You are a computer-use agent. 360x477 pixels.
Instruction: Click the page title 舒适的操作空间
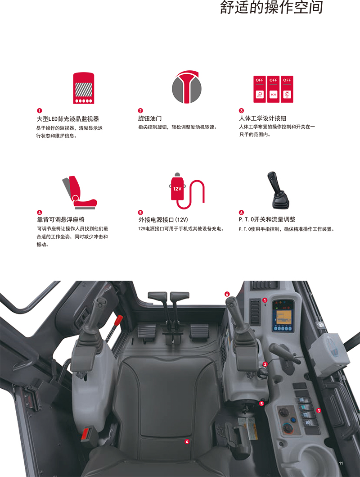tap(271, 8)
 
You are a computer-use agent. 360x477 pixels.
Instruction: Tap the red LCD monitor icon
tap(84, 88)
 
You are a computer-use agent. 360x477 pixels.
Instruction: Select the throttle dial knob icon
tap(187, 87)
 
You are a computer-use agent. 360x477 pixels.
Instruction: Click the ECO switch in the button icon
tap(273, 89)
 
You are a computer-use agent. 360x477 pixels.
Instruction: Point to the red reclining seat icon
tap(80, 192)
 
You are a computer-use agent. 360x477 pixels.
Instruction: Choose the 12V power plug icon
tap(187, 191)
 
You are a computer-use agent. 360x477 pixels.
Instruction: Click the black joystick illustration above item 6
tap(278, 190)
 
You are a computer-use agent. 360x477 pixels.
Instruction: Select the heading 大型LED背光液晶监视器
tap(68, 119)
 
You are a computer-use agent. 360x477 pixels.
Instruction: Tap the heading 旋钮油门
tap(150, 118)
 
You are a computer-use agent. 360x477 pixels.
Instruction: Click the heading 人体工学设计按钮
tap(262, 118)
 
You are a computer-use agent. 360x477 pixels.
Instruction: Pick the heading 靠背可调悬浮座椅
tap(61, 220)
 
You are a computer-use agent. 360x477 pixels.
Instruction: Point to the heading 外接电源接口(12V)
tap(163, 220)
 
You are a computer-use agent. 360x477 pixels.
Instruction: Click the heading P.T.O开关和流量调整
tap(267, 219)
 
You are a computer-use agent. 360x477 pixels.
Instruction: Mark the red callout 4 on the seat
tap(187, 441)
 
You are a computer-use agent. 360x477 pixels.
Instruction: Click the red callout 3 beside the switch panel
tap(319, 411)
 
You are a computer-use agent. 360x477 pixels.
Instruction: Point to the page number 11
tap(341, 463)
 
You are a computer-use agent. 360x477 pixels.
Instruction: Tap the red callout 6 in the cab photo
tap(227, 294)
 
